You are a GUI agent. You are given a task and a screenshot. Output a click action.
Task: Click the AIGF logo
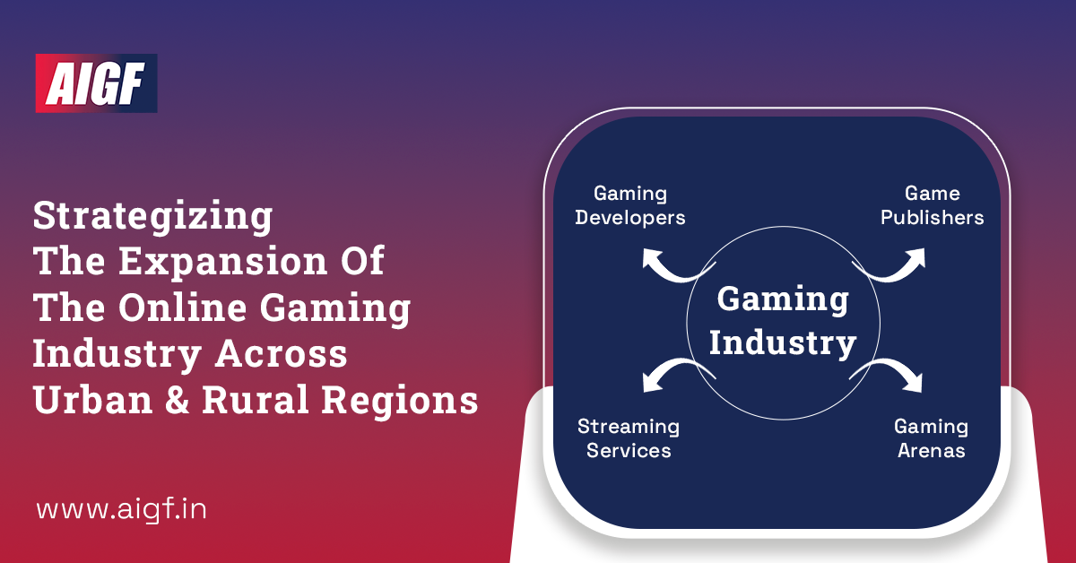(96, 82)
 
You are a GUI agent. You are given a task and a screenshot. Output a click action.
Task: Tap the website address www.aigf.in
(122, 510)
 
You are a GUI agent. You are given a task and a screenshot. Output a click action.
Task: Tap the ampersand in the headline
(175, 401)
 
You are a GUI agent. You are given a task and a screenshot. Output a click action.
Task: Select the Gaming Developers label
(630, 205)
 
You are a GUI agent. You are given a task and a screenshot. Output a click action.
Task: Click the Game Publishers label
(932, 205)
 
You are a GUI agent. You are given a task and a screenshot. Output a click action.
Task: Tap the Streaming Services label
(629, 438)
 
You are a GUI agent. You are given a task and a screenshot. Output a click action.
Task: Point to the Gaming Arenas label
(931, 438)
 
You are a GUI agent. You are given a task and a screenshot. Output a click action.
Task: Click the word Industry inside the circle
(783, 342)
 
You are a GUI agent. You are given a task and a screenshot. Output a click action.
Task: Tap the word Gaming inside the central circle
(783, 299)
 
